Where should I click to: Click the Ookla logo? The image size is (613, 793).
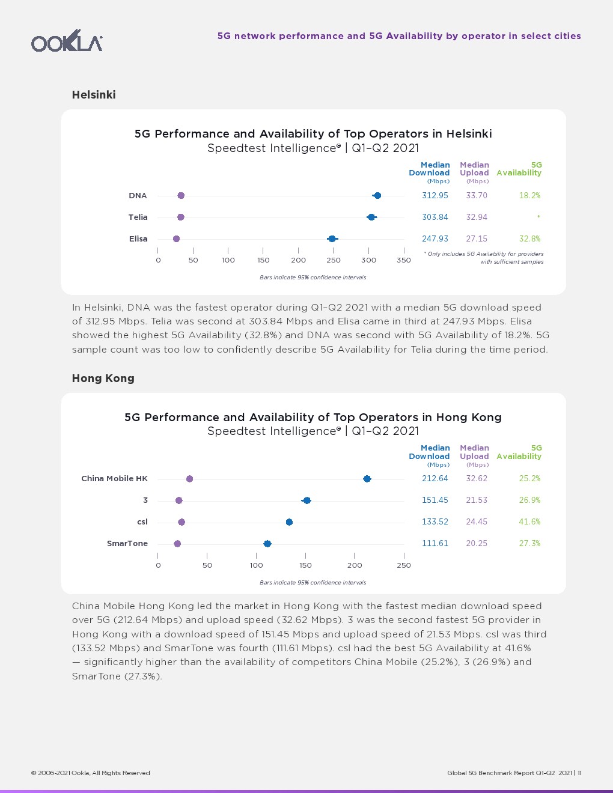click(67, 41)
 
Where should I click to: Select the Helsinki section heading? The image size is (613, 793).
click(94, 95)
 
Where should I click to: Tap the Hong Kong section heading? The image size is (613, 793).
click(103, 378)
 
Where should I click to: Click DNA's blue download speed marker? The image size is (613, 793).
click(377, 196)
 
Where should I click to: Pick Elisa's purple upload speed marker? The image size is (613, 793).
click(176, 239)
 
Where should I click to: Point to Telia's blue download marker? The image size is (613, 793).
click(371, 217)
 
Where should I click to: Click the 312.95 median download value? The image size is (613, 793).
click(435, 196)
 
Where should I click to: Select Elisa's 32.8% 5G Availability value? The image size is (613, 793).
click(529, 239)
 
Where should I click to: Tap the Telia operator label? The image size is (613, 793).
click(138, 217)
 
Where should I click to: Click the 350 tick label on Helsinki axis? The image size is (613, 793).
click(404, 261)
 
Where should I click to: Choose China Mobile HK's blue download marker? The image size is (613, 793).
click(367, 479)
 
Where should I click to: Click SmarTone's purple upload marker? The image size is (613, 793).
click(177, 544)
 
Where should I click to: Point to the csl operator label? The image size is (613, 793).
click(142, 522)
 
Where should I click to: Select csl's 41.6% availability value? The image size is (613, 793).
click(529, 522)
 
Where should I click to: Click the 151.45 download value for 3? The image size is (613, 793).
click(435, 500)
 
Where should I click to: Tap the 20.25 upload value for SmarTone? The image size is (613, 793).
click(477, 544)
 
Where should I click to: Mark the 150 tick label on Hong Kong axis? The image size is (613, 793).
click(305, 565)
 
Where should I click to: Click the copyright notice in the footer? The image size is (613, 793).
click(91, 773)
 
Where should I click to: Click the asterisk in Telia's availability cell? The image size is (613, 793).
click(538, 216)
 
